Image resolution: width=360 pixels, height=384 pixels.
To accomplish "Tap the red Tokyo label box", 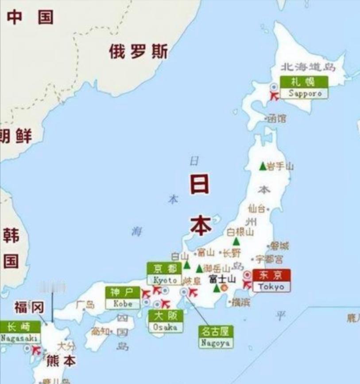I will tap(271, 280).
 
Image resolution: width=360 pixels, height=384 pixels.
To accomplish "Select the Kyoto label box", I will tap(165, 274).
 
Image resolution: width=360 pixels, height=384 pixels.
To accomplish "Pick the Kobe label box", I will tap(123, 298).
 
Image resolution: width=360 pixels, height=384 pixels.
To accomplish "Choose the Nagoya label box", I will tap(216, 337).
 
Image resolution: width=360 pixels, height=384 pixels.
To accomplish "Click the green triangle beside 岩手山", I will tap(263, 166).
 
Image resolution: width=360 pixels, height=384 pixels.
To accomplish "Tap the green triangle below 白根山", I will tap(236, 242).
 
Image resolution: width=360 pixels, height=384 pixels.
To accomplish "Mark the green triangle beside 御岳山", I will tap(200, 269).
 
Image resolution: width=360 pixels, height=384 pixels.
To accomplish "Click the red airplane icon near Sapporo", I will tap(275, 95).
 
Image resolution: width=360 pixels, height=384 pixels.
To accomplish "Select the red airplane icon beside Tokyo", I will tap(247, 285).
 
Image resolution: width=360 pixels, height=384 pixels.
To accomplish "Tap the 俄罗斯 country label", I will tap(138, 52).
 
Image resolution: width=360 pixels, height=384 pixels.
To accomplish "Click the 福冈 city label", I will tap(29, 306).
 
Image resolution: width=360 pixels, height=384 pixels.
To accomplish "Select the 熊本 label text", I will tap(61, 361).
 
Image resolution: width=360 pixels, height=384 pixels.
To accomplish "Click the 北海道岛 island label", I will tap(308, 67).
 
